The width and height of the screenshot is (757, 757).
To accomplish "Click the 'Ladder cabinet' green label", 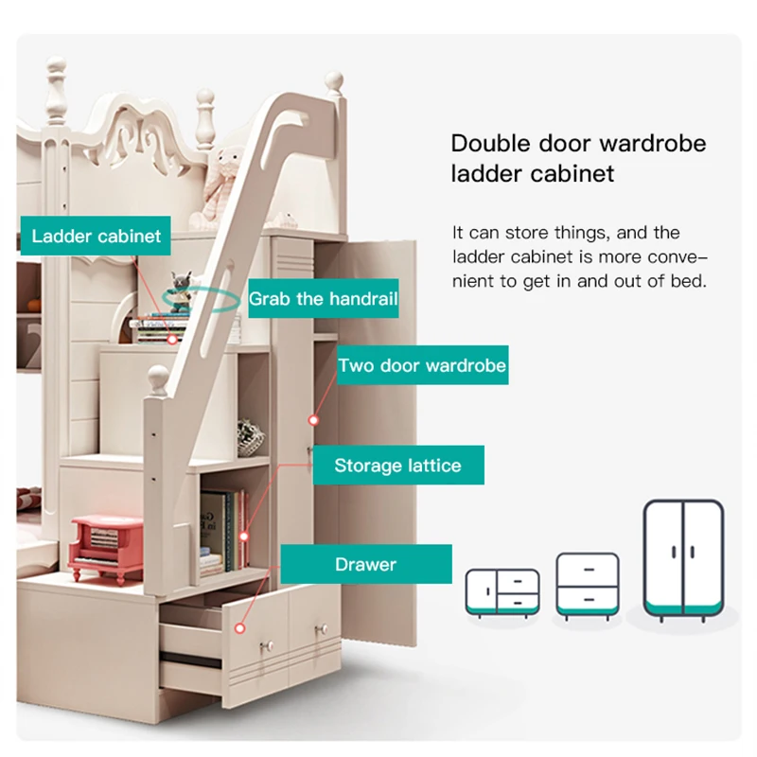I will point(97,236).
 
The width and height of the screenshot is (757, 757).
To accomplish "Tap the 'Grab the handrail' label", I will point(323,299).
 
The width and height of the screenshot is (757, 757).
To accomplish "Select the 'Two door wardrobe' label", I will point(422,365).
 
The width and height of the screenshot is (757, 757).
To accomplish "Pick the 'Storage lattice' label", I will point(397,466).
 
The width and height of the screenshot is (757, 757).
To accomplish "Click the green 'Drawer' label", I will point(365,565).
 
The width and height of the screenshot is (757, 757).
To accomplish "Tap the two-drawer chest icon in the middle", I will point(587,587).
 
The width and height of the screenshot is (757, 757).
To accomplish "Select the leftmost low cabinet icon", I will point(502,593).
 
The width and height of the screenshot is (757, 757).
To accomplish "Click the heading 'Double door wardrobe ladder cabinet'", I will point(577,158).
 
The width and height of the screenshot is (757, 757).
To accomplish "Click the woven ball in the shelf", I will point(251,437).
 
